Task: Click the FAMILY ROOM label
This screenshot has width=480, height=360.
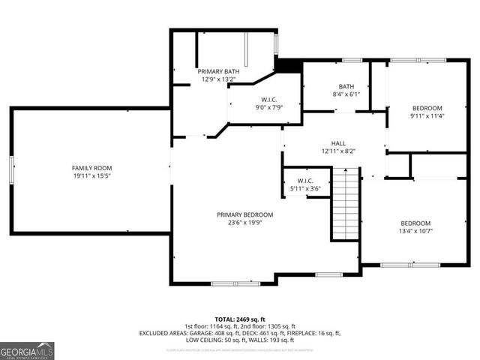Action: click(92, 167)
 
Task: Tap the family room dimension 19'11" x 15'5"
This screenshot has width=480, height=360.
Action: click(92, 175)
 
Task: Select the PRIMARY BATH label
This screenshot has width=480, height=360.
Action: click(218, 71)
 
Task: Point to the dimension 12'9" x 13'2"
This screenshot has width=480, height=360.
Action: click(218, 79)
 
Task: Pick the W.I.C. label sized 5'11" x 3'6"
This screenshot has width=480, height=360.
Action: click(305, 181)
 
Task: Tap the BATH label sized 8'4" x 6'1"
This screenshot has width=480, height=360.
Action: click(346, 86)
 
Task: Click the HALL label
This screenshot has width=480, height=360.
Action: click(338, 142)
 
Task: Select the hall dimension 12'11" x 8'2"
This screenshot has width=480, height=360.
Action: click(338, 151)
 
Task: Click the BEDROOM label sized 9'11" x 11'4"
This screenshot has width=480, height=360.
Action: click(427, 108)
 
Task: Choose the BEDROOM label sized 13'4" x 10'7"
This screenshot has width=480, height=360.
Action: click(415, 223)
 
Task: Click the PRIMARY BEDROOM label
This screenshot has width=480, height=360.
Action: click(245, 214)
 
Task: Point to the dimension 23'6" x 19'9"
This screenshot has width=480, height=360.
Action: click(245, 223)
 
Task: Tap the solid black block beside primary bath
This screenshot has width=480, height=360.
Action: click(287, 65)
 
